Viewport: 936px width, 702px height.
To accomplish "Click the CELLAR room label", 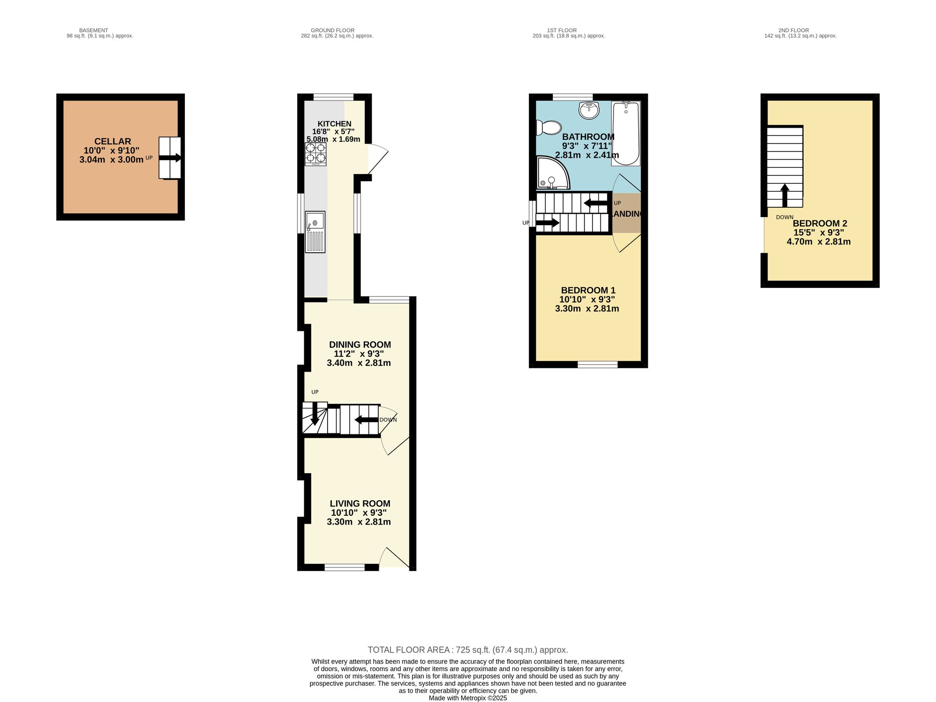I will [112, 141].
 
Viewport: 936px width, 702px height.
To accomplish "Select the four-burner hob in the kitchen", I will [315, 154].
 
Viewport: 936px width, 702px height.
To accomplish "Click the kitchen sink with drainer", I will [315, 232].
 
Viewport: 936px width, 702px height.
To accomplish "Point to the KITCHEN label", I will [334, 124].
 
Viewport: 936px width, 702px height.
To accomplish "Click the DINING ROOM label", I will [359, 345].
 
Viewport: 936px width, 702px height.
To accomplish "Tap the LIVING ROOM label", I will [359, 504].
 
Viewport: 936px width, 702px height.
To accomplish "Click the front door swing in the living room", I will [394, 558].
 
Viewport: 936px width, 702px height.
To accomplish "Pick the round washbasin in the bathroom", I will [589, 110].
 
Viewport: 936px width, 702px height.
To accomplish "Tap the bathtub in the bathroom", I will [626, 134].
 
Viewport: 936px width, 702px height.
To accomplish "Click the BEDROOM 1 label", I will [588, 291].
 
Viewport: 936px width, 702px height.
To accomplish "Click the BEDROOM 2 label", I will [819, 224].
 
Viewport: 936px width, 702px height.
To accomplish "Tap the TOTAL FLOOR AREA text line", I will [468, 650].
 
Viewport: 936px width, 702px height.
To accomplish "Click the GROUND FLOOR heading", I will [332, 30].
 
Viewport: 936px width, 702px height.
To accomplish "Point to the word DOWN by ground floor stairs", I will [388, 420].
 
